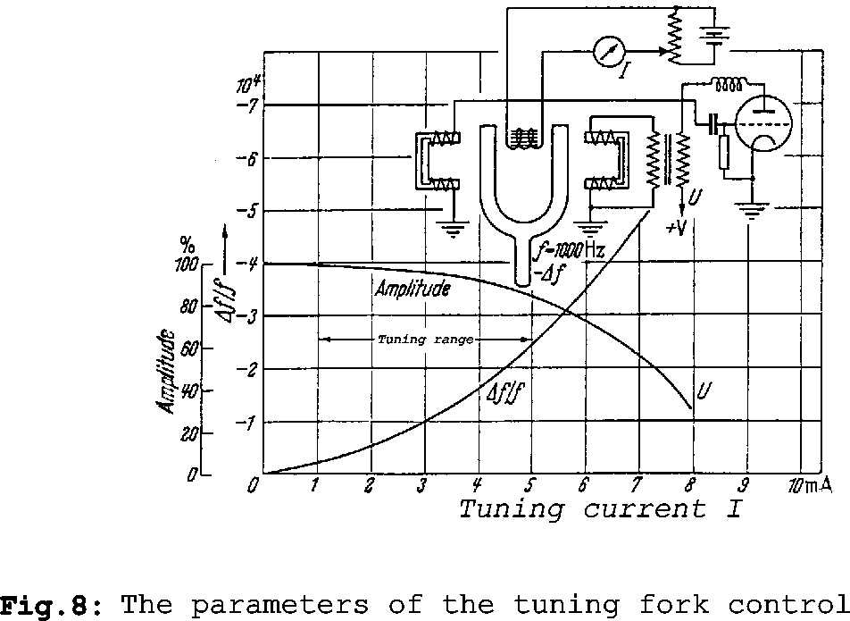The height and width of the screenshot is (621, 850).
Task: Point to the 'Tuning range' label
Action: pyautogui.click(x=425, y=340)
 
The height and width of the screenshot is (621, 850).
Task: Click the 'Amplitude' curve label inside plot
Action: pyautogui.click(x=412, y=290)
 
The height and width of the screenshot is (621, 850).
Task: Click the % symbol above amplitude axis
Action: pyautogui.click(x=187, y=244)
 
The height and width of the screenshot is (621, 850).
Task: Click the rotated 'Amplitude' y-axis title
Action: pyautogui.click(x=166, y=369)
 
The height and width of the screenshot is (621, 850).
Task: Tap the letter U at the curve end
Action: pyautogui.click(x=703, y=390)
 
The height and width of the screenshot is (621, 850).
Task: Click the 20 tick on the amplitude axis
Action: pyautogui.click(x=187, y=433)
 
